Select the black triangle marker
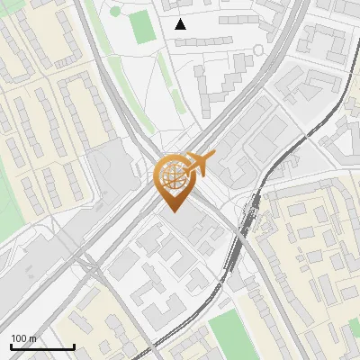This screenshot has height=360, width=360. point(181,24)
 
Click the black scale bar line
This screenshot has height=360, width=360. point(42,347)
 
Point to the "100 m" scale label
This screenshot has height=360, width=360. point(23,338)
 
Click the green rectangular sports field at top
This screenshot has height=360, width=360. point(141,28)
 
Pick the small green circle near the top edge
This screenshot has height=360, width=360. point(116,12)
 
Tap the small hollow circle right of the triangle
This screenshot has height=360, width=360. point(259,49)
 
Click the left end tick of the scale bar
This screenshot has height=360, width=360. point(11,346)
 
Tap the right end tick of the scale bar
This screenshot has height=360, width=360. point(74,346)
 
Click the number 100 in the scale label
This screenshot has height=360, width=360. point(18,338)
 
